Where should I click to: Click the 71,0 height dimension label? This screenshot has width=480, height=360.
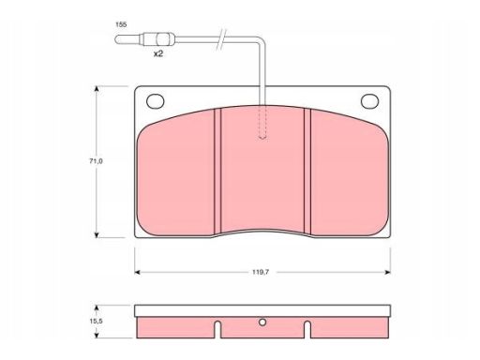click(97, 161)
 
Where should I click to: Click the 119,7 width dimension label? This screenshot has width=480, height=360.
click(261, 272)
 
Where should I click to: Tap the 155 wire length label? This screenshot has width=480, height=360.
click(121, 24)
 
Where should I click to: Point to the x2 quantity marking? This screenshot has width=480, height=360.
click(158, 53)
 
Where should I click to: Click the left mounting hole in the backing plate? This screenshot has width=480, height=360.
click(156, 101)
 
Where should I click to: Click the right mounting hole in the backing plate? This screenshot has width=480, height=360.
click(369, 101)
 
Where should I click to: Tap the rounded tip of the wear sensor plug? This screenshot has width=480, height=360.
click(117, 39)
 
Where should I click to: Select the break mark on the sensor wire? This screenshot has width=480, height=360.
click(221, 39)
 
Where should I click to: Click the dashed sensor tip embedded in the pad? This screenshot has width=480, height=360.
click(262, 123)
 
